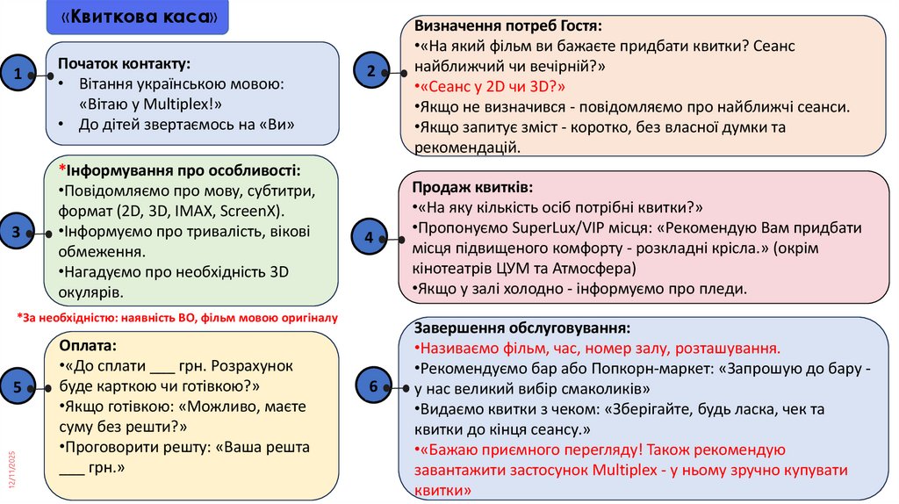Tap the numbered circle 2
coord(371,71)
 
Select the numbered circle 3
coord(18,232)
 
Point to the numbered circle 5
coord(18,385)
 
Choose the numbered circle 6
coord(374,386)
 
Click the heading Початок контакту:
coord(124,63)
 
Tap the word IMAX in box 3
coord(194,212)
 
